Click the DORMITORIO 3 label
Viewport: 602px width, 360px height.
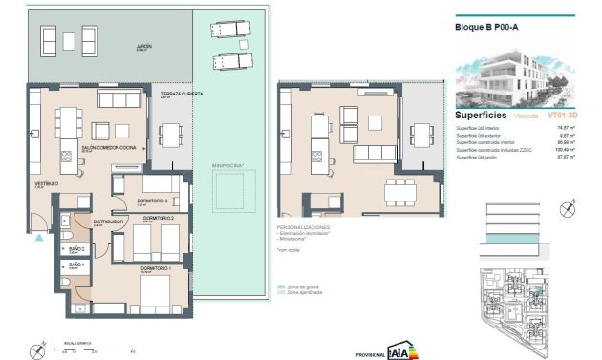click(x=153, y=201)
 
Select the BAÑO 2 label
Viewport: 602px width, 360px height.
click(x=76, y=247)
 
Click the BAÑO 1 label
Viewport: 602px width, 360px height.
click(x=76, y=265)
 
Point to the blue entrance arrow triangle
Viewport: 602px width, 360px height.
click(x=39, y=240)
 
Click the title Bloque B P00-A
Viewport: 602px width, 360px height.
click(x=486, y=28)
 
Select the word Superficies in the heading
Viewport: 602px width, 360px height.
click(x=483, y=114)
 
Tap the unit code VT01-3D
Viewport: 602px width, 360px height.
click(x=560, y=115)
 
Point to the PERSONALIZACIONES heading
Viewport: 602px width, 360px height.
click(x=304, y=227)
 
